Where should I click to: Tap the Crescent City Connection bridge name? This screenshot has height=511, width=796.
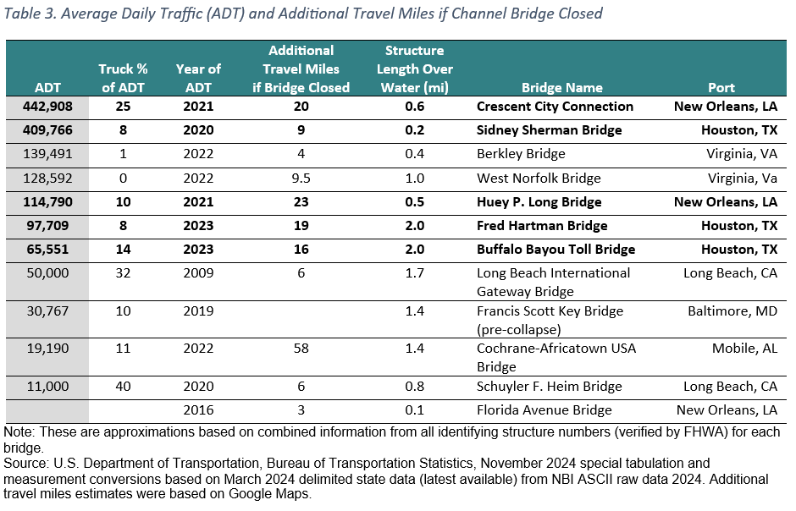(x=555, y=107)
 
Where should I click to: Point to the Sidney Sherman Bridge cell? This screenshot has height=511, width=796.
(x=549, y=130)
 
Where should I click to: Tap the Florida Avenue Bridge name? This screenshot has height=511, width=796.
(x=544, y=410)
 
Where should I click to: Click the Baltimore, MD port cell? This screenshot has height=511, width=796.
(x=732, y=310)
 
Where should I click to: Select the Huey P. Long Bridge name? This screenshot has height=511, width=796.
(x=539, y=202)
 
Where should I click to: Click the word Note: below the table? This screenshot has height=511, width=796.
(x=19, y=431)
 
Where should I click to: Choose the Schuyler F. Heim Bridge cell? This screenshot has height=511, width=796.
(x=549, y=387)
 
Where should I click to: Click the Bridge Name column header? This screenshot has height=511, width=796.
(x=561, y=87)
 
